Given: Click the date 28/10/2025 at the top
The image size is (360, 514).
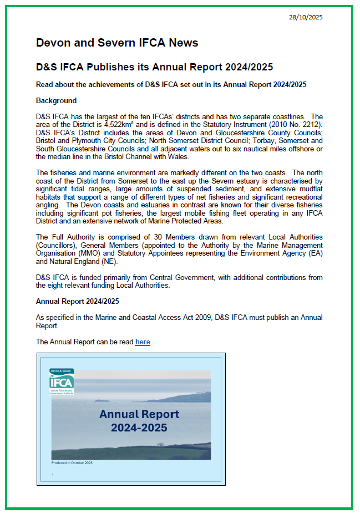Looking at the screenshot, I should (x=306, y=17).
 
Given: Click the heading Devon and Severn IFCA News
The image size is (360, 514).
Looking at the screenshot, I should (x=116, y=43).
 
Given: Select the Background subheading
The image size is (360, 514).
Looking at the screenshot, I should (x=56, y=100).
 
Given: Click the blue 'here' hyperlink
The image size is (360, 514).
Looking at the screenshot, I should (x=143, y=342).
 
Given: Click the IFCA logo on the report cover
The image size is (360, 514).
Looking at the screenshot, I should (x=62, y=381).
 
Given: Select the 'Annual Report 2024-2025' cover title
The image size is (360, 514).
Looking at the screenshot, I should (x=139, y=421).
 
